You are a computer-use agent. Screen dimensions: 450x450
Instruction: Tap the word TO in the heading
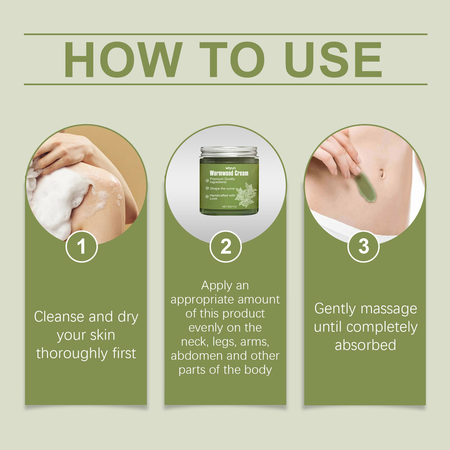click(232, 60)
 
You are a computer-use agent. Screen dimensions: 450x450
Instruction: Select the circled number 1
click(82, 246)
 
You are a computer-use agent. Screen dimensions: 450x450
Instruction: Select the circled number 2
click(225, 246)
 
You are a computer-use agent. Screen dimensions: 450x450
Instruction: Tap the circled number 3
click(364, 246)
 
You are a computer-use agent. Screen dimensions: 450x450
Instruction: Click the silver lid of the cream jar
click(229, 151)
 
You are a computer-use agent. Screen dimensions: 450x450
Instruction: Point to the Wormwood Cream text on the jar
click(229, 173)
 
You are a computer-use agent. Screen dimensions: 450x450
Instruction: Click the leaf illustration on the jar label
click(245, 195)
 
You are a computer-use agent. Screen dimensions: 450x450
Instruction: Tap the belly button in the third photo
click(382, 173)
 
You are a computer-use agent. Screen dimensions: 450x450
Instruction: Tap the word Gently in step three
click(334, 309)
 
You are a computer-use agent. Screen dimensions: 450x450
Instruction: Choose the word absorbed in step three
click(365, 345)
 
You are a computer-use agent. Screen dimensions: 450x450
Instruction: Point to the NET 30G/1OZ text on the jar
click(229, 206)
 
